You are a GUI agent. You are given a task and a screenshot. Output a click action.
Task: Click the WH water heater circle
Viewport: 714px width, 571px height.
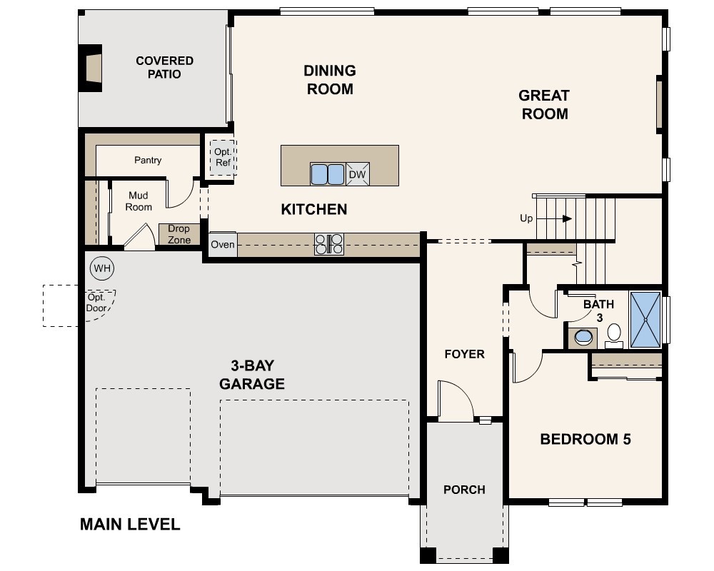102,268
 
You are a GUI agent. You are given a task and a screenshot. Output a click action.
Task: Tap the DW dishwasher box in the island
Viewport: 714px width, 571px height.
358,174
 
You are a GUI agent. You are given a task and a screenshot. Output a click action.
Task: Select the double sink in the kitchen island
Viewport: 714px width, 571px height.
328,174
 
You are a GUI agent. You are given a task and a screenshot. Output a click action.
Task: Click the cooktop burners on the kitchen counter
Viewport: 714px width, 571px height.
328,244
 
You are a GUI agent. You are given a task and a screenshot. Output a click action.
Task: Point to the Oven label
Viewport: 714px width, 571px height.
223,245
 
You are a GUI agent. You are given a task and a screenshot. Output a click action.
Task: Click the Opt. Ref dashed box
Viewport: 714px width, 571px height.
223,158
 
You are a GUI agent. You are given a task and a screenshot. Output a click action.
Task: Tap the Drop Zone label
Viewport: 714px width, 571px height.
179,235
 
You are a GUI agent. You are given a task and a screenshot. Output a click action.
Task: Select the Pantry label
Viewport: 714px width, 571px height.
148,161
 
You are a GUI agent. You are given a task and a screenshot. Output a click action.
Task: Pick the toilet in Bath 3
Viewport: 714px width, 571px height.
614,335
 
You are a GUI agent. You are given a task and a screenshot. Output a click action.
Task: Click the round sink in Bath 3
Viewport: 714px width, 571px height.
583,338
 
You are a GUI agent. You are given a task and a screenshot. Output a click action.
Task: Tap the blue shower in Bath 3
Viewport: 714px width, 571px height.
645,320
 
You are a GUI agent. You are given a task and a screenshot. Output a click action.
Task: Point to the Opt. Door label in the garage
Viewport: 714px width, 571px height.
96,303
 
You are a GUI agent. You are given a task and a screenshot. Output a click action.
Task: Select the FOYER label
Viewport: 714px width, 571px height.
465,354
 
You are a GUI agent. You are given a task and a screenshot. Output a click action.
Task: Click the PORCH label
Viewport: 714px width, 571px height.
465,490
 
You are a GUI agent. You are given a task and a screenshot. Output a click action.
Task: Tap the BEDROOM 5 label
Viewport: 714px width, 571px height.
585,440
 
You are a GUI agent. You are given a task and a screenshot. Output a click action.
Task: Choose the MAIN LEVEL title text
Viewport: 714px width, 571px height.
130,525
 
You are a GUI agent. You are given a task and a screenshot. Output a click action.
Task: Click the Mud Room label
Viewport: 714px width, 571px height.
139,201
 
